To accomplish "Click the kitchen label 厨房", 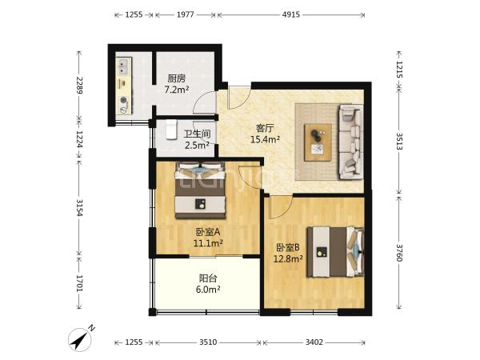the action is pos(177,78).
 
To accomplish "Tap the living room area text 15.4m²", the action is pos(265,139).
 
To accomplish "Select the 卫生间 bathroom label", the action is pos(197,134).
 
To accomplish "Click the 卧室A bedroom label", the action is pos(208,232).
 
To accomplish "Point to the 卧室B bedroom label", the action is pos(288,247).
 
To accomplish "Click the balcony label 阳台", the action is pos(208,278).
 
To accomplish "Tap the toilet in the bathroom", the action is pos(171,130).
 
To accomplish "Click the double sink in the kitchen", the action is pos(124,67).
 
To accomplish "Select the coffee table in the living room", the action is pos(318,142).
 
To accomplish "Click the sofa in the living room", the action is pos(351,142).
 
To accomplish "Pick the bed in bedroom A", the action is pos(200,190).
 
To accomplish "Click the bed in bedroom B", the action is pos(336,252).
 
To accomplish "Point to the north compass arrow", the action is pos(80,339).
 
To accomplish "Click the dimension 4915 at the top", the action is pos(291,14).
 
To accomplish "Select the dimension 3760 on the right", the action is pos(398,253).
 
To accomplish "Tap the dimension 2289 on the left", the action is pos(79,85).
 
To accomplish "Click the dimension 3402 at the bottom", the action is pos(314,342).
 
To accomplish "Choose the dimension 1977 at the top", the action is pos(186,14).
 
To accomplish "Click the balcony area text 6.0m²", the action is pos(208,290).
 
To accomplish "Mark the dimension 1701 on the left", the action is pos(79,283).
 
